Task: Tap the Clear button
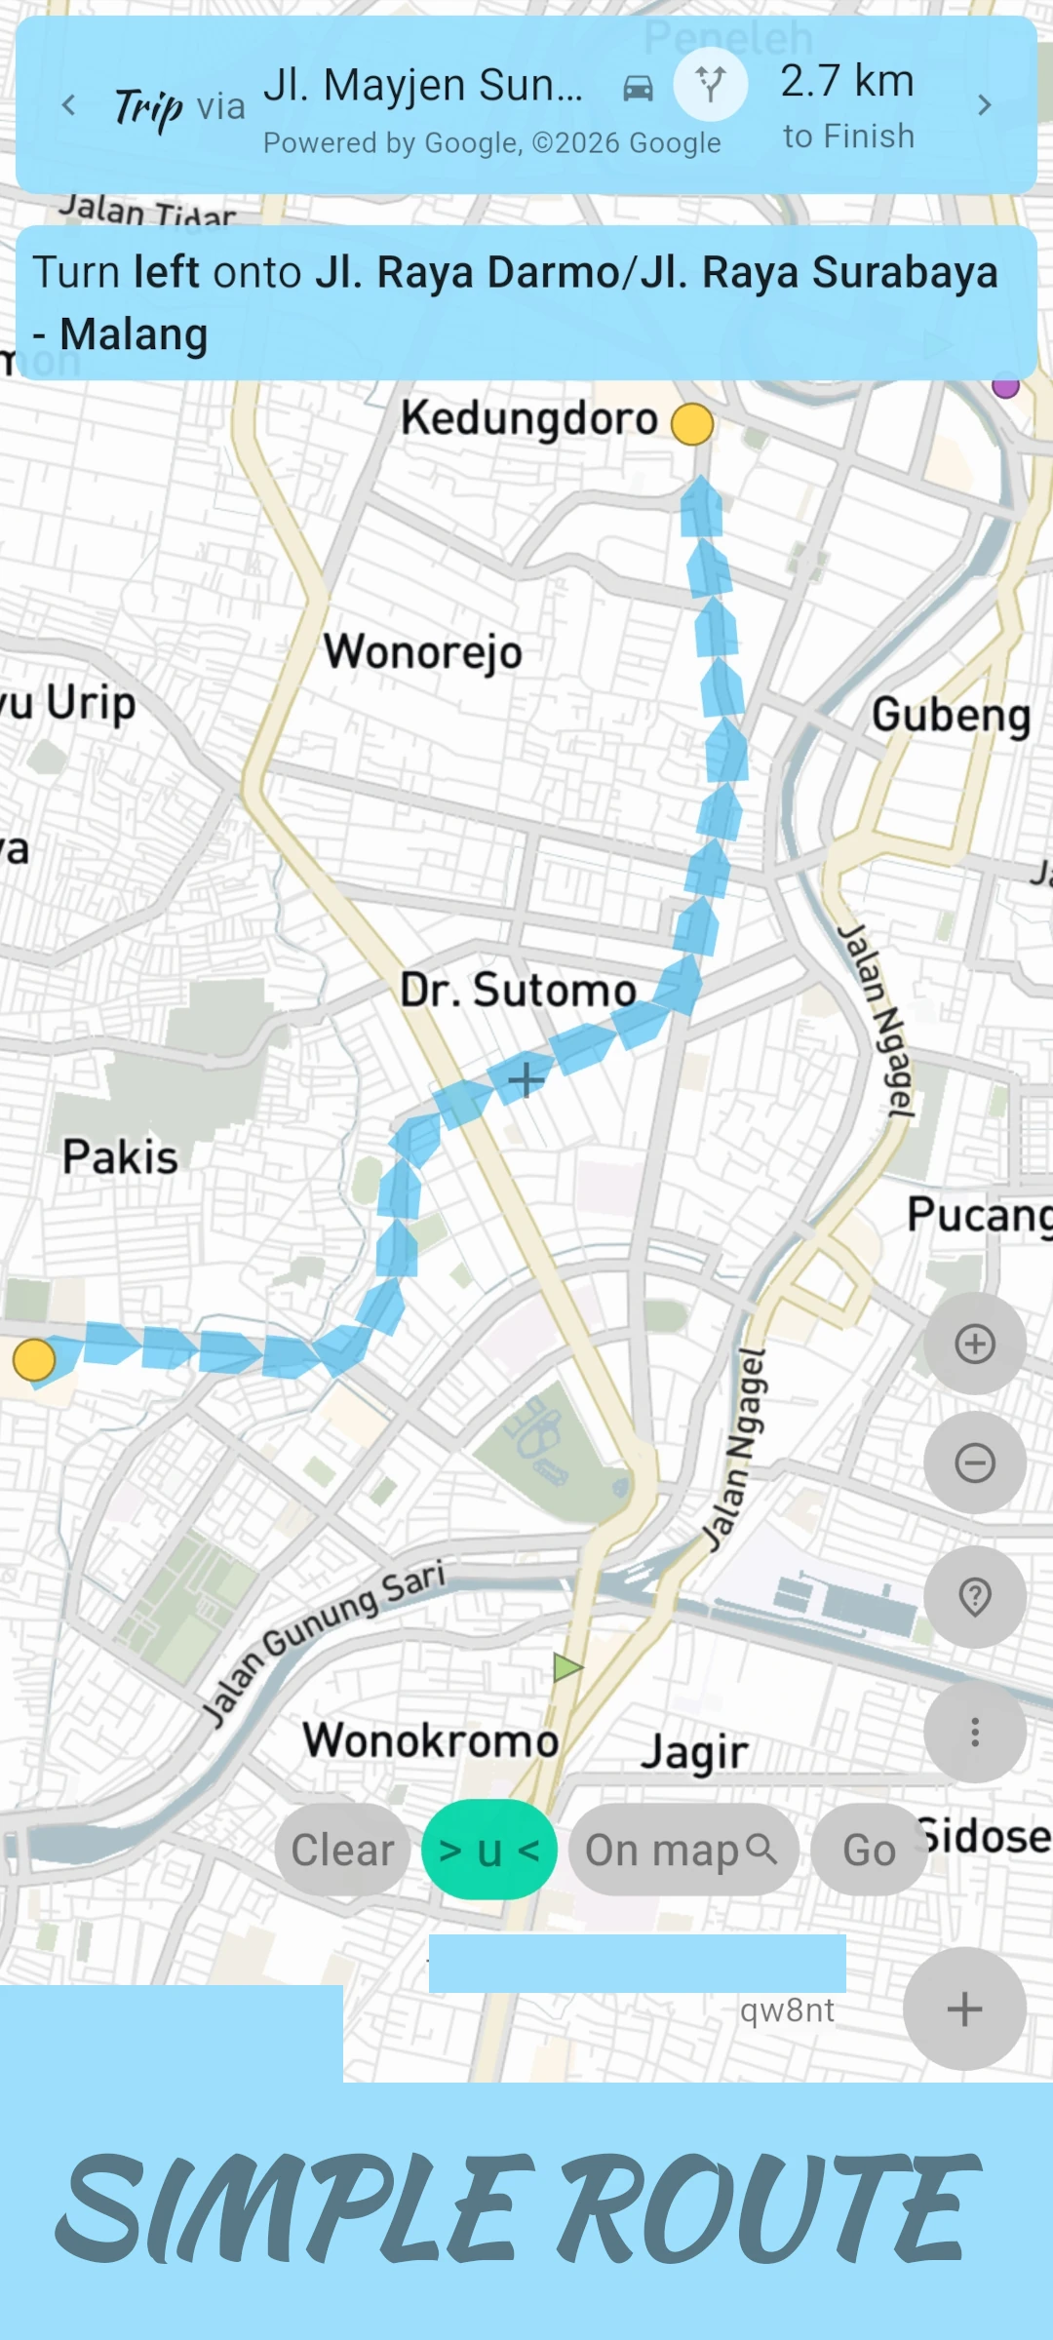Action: coord(342,1850)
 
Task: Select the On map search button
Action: coord(682,1850)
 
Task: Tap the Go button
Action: coord(869,1850)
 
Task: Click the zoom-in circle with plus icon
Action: coord(975,1344)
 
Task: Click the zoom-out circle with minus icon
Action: coord(975,1462)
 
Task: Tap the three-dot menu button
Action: coord(975,1732)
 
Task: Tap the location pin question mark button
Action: coord(975,1596)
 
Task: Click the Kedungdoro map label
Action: coord(529,418)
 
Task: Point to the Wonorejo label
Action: coord(423,650)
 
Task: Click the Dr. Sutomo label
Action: coord(518,991)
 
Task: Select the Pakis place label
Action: coord(120,1157)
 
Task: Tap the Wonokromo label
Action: coord(430,1740)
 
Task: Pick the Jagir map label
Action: coord(694,1752)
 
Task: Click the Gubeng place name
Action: coord(951,715)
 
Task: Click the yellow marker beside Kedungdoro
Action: coord(692,424)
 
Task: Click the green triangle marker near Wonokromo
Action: coord(566,1667)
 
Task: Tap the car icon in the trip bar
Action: coord(638,89)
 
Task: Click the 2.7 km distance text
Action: coord(847,81)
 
